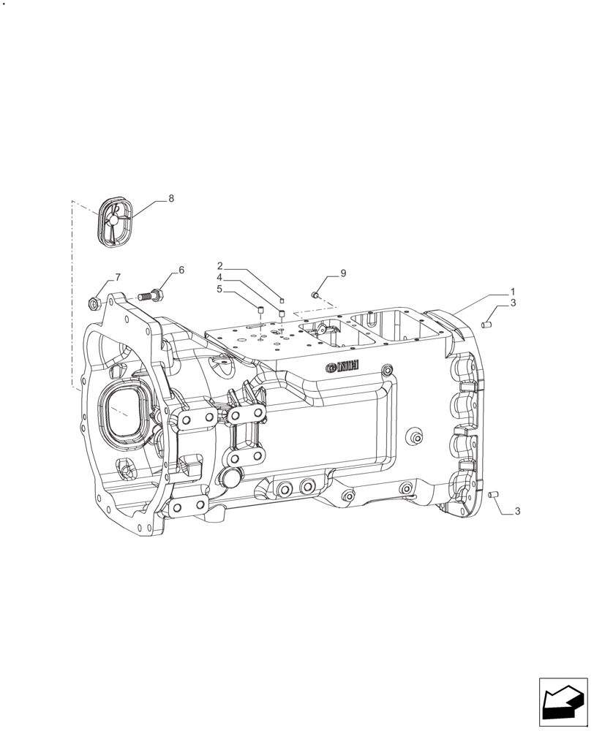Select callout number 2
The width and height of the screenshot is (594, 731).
tap(219, 265)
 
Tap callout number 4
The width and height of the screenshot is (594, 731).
tap(219, 278)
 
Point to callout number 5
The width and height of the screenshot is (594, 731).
tap(219, 289)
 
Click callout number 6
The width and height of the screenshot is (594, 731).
tap(181, 270)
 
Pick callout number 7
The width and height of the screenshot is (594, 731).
tap(117, 277)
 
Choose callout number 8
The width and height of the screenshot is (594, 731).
tap(171, 199)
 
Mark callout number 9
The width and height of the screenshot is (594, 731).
tap(342, 273)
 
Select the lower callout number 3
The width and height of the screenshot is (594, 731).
tap(517, 512)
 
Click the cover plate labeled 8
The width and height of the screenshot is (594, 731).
tap(113, 221)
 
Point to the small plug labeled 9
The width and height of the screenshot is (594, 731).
tap(315, 295)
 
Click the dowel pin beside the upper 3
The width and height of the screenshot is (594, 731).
tap(488, 324)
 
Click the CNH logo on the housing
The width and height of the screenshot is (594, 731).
tap(341, 366)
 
